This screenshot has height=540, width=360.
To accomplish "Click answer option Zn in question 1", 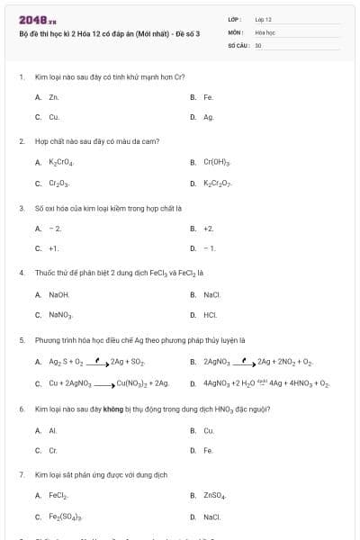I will point(53,96).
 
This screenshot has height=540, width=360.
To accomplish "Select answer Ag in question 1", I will point(208,117).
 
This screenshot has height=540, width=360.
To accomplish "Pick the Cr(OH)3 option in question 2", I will point(216,163).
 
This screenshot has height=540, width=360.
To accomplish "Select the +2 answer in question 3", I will point(208,229).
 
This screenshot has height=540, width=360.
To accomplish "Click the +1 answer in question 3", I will point(54,248).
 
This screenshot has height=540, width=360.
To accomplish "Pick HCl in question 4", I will point(210,315).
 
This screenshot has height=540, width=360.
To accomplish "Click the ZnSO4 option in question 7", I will point(212,496).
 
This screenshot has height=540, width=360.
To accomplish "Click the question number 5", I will point(21,340).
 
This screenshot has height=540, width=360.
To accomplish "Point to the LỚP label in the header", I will point(235,18).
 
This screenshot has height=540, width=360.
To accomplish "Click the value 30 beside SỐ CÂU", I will point(258,44).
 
